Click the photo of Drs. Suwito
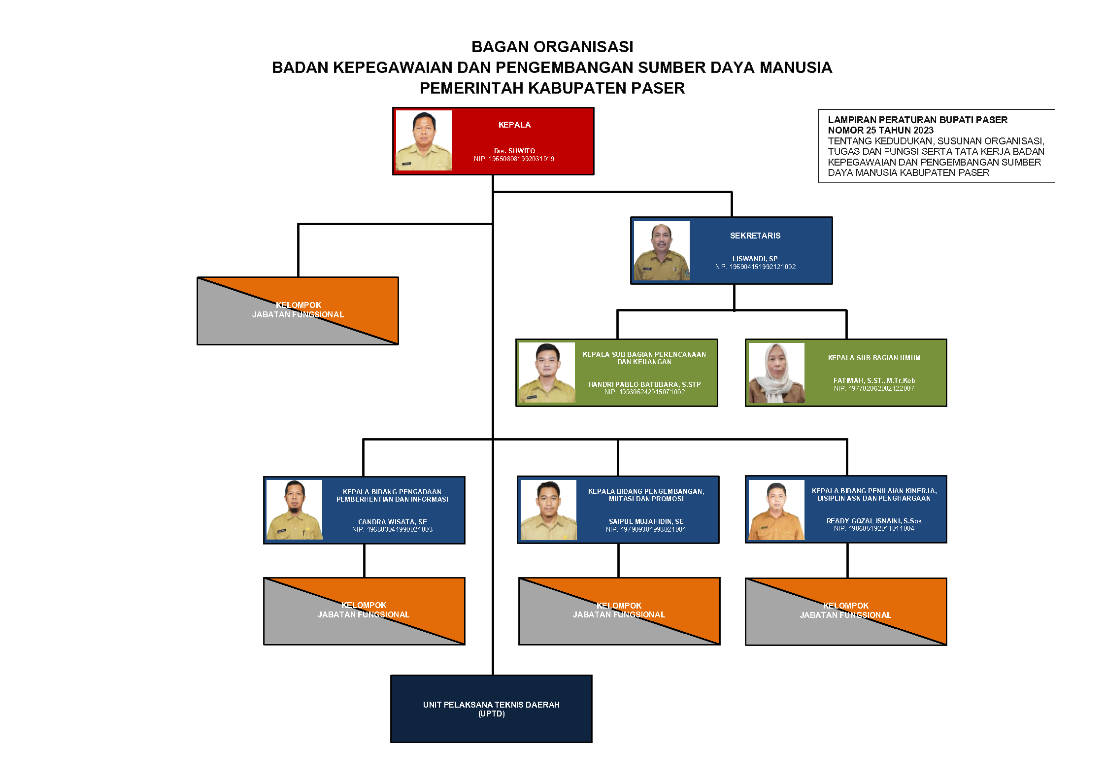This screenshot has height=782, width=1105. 424,141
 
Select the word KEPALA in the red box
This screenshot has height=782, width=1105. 514,125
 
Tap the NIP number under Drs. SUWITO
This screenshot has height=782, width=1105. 514,159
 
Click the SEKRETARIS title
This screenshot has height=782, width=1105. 755,236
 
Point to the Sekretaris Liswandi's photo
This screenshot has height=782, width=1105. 662,251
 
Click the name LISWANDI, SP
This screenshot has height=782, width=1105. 755,259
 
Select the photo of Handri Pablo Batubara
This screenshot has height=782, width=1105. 547,373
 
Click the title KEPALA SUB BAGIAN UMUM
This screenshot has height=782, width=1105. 874,358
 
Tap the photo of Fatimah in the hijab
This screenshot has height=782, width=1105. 776,373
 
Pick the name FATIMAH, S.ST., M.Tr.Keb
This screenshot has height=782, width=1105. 874,381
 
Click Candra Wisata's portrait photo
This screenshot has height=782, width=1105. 295,510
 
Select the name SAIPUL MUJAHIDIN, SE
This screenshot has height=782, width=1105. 646,522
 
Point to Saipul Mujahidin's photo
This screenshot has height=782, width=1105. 548,510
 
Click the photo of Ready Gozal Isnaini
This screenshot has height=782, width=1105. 776,510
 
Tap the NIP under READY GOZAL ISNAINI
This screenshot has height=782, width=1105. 874,529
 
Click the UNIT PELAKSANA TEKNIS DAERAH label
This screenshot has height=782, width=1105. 491,705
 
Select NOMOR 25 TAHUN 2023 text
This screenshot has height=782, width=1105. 880,131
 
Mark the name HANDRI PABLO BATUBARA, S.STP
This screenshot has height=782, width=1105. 644,385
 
